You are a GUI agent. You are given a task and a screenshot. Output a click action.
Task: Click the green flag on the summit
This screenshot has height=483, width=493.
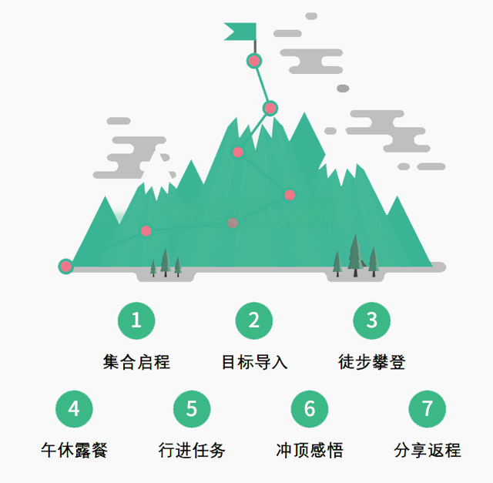240,32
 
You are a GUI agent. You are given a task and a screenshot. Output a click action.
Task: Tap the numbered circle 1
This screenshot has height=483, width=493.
136,320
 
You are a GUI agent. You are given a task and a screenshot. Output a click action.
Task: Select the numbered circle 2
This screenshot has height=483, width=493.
254,320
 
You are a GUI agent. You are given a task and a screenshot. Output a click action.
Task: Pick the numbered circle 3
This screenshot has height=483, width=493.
372,320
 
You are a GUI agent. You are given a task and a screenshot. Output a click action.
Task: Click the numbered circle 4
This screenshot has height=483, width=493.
74,408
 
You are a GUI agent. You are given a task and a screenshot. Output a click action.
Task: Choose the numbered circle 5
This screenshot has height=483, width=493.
192,408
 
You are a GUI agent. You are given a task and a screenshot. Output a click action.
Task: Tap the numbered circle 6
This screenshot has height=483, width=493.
310,408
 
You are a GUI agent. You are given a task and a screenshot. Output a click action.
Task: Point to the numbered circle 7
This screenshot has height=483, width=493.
428,408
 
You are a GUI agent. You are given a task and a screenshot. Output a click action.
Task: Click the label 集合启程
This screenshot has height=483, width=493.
136,361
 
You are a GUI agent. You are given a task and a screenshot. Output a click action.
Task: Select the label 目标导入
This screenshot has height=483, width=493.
254,361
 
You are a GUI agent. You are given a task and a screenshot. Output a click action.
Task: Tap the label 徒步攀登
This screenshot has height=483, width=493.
372,361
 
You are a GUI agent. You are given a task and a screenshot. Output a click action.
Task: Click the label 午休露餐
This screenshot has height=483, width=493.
74,450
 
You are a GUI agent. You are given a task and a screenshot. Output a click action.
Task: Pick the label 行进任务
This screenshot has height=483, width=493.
192,450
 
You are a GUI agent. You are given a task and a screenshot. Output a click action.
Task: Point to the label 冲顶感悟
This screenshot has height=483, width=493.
310,450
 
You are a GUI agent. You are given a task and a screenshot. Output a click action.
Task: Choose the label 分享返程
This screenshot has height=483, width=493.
428,450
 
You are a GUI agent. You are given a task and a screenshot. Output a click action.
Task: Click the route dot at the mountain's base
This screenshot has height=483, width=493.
65,267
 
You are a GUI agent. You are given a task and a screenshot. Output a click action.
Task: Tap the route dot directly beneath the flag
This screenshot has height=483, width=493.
254,60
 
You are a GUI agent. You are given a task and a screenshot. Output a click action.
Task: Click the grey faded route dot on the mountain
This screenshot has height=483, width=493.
233,223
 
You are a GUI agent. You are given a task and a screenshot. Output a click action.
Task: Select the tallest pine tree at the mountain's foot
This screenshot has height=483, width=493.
355,254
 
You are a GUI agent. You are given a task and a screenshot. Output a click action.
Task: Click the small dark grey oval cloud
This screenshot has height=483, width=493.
343,89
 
